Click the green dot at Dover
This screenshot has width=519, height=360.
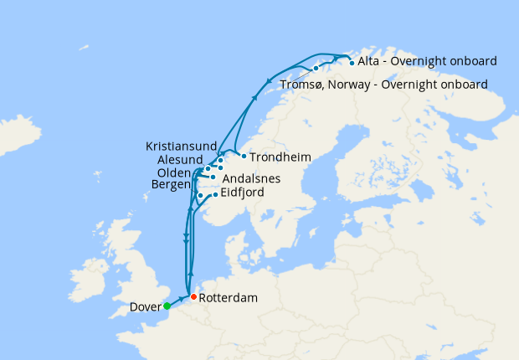pos(167,306)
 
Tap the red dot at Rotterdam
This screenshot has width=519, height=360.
pos(193,297)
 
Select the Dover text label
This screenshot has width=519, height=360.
pos(146,307)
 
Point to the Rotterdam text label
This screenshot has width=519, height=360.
pos(229,297)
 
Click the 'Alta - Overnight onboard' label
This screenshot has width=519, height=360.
pos(427,61)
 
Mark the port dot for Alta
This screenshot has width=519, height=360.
pos(351,62)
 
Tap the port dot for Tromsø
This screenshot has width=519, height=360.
pos(316,68)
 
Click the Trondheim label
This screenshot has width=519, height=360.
pos(281,157)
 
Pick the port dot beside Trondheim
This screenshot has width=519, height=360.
pos(243,156)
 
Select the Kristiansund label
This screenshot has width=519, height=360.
pos(181,145)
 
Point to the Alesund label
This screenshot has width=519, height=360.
pos(179,159)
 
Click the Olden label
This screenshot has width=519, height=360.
pos(173,172)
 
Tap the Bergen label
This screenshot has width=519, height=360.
pos(171,184)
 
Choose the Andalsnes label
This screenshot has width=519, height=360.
pos(251,178)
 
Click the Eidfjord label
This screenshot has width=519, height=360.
pos(242,193)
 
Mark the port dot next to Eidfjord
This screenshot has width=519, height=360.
pos(215,195)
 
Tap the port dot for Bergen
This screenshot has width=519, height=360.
pos(200,196)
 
